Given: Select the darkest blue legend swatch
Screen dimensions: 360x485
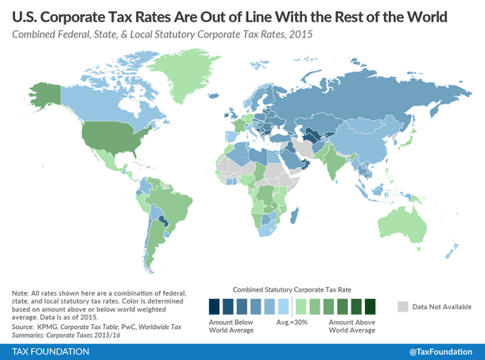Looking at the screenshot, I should coord(214,307).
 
